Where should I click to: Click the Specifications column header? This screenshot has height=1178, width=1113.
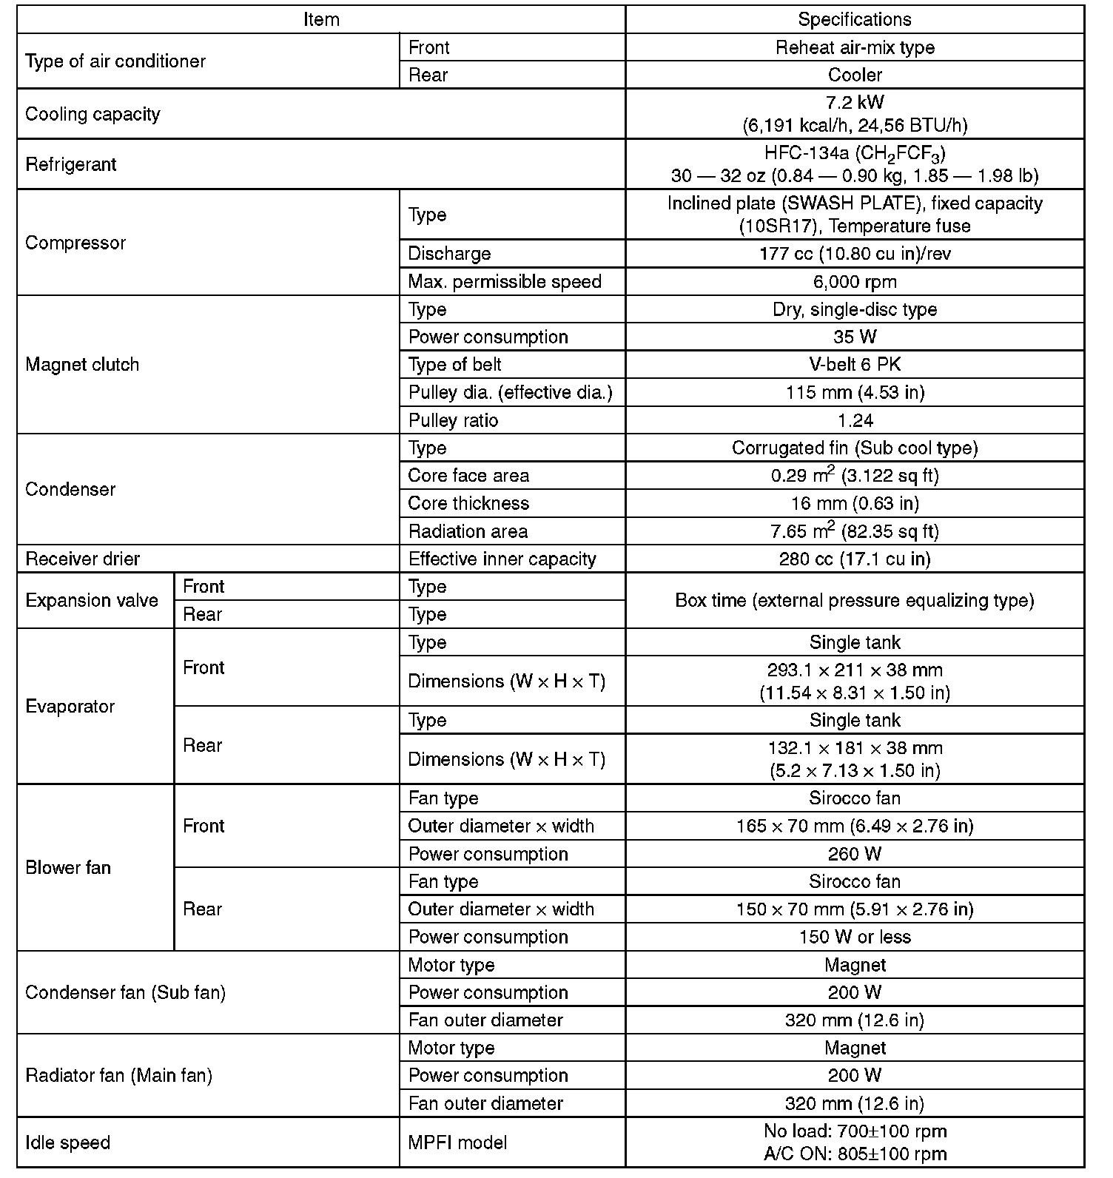tap(855, 19)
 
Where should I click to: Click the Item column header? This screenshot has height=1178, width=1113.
tap(321, 19)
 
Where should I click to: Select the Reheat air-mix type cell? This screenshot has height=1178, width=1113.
tap(855, 47)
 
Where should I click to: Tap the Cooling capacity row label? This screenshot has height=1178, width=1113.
tap(93, 114)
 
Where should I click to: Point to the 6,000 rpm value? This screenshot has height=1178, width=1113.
tap(855, 282)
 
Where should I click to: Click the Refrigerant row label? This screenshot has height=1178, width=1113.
tap(71, 164)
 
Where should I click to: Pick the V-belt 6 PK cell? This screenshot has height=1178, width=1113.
tap(855, 365)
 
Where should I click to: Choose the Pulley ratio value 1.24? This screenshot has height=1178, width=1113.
tap(855, 421)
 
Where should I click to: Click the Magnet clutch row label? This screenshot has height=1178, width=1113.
tap(82, 365)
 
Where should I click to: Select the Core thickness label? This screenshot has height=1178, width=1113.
tap(468, 504)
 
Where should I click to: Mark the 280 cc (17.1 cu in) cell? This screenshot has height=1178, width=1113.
tap(855, 559)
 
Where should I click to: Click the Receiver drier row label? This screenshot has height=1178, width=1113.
tap(82, 559)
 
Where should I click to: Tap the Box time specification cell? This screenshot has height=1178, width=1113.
tap(855, 600)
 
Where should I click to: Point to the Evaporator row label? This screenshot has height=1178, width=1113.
tap(70, 707)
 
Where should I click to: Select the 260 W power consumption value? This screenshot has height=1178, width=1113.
tap(855, 854)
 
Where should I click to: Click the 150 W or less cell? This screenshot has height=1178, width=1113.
tap(855, 938)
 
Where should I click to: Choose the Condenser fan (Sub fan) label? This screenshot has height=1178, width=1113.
tap(125, 992)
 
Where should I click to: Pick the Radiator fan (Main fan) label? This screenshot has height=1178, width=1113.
tap(118, 1076)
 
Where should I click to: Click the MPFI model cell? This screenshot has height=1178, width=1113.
tap(457, 1142)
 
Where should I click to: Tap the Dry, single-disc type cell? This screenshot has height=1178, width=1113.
tap(855, 309)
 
